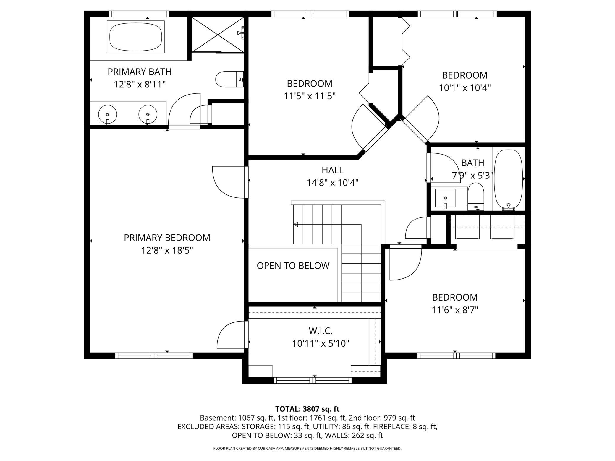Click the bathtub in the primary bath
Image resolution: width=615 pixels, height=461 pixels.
(136, 37)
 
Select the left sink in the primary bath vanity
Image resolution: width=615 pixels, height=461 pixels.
(108, 114)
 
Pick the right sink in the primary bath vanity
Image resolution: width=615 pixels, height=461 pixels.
(148, 114)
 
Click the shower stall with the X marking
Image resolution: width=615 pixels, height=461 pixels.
(218, 35)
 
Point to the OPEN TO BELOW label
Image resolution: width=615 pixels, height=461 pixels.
(293, 266)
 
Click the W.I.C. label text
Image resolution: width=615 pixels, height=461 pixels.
(321, 330)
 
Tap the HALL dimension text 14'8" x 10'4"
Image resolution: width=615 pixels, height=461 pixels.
(332, 183)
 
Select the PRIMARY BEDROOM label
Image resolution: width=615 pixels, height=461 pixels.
(167, 238)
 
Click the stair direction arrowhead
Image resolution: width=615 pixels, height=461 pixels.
(295, 225)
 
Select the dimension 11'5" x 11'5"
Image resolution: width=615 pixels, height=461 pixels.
(310, 96)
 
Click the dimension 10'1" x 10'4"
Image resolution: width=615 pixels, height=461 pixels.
(465, 88)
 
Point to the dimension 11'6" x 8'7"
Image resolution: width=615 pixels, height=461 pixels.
(455, 310)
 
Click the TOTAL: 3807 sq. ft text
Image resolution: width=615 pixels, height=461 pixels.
(307, 409)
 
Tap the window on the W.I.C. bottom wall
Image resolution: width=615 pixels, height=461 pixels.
(313, 380)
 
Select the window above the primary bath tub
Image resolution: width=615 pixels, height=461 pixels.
(139, 14)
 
